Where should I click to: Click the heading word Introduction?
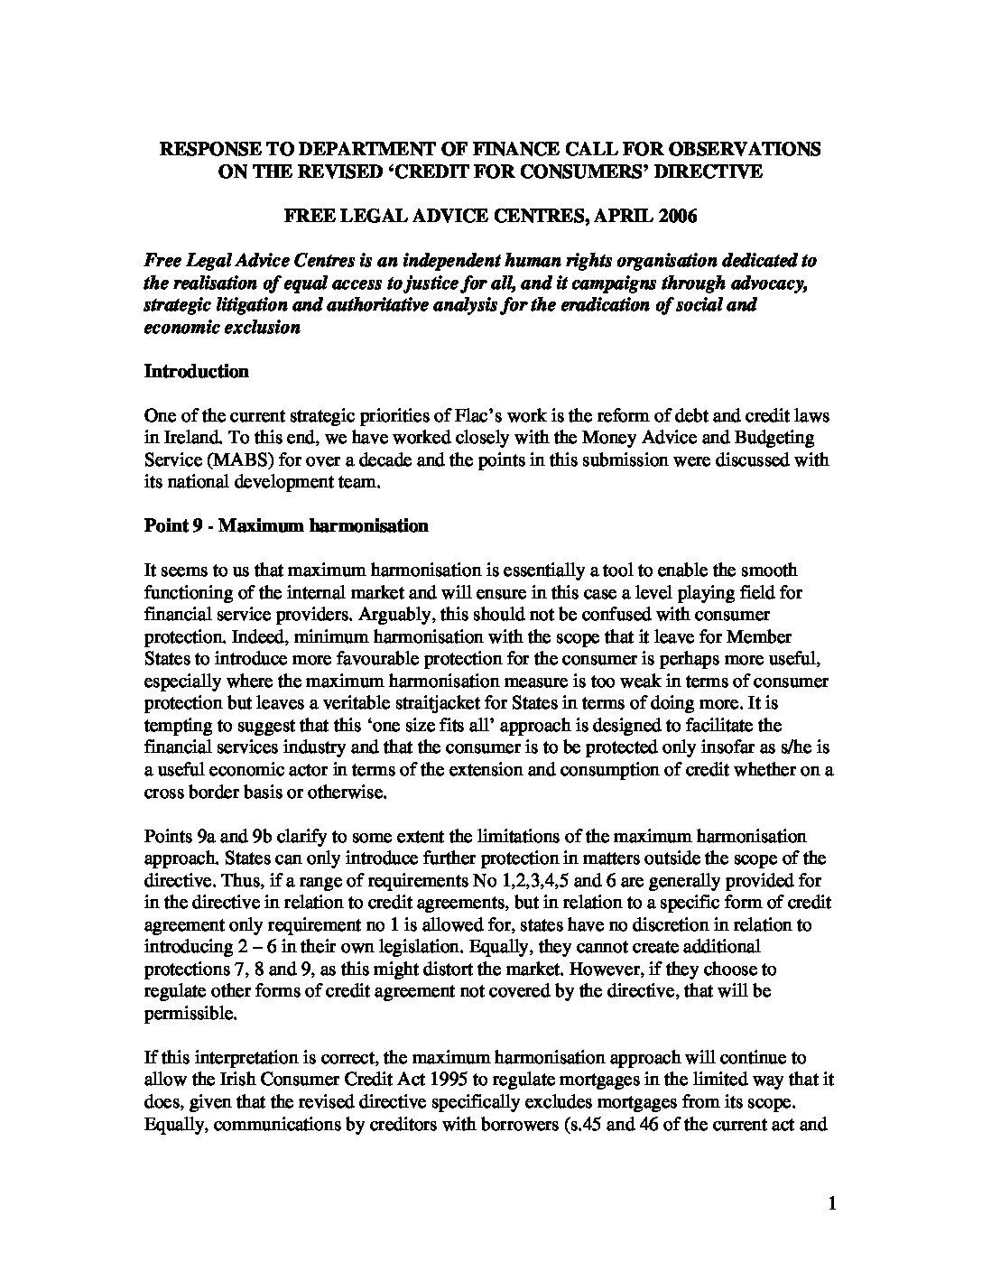[x=196, y=371]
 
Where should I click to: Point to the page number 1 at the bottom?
[x=833, y=1202]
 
